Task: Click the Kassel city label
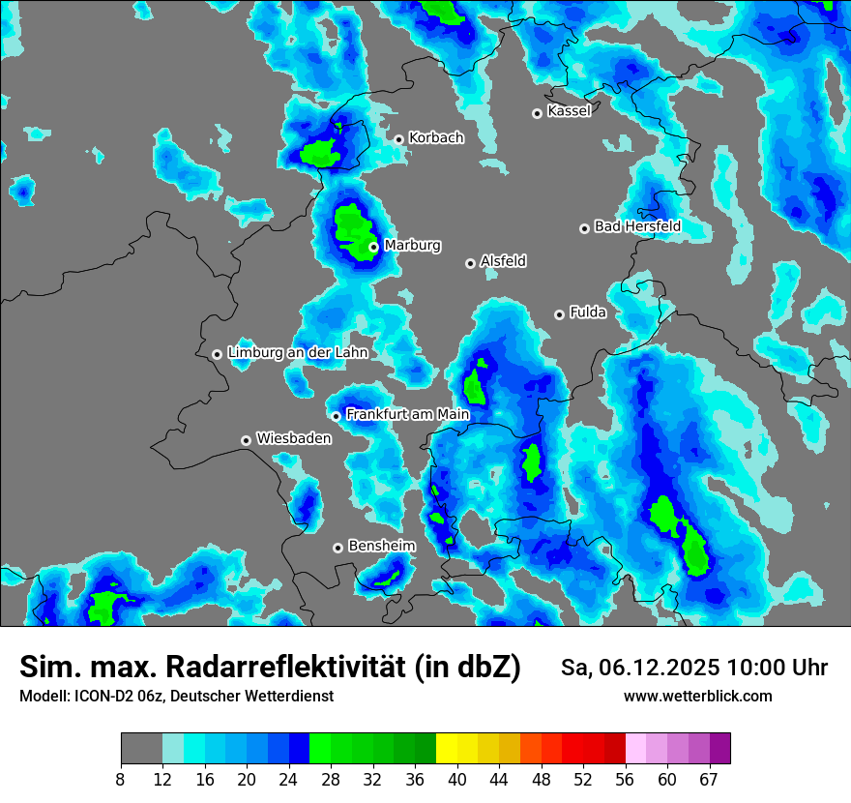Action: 569,111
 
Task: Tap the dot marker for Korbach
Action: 398,139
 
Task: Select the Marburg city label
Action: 412,246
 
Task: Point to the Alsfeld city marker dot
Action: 470,263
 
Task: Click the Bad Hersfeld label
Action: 637,226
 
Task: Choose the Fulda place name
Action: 588,312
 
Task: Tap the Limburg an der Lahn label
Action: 297,353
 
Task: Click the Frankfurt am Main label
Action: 407,415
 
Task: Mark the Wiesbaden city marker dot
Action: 247,440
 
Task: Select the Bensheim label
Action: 381,546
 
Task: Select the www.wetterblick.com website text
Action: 697,697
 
